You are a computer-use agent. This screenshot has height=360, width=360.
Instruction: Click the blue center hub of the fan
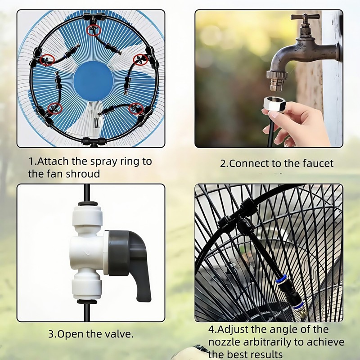93,81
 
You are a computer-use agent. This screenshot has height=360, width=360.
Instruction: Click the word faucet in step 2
317,163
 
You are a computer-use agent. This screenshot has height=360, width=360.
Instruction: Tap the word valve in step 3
120,334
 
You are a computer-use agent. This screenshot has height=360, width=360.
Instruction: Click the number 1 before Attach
31,161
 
